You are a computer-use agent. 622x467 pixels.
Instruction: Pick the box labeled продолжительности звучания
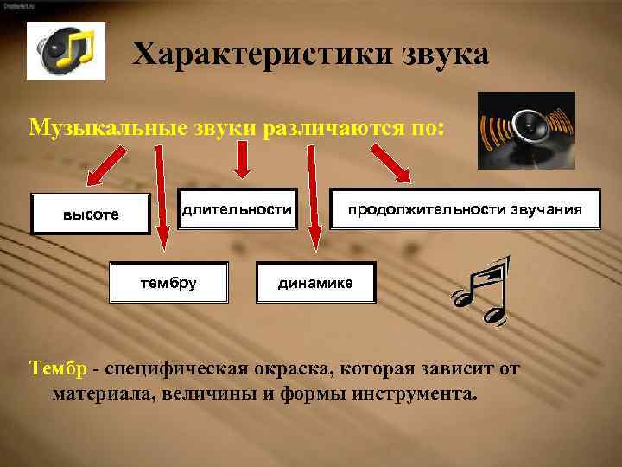(465, 209)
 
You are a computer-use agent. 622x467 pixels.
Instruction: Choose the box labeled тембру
(168, 281)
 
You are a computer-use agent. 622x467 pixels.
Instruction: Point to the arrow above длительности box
(242, 160)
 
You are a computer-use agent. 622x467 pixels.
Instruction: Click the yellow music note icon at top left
(66, 51)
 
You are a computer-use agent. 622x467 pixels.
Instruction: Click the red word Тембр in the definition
(58, 370)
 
